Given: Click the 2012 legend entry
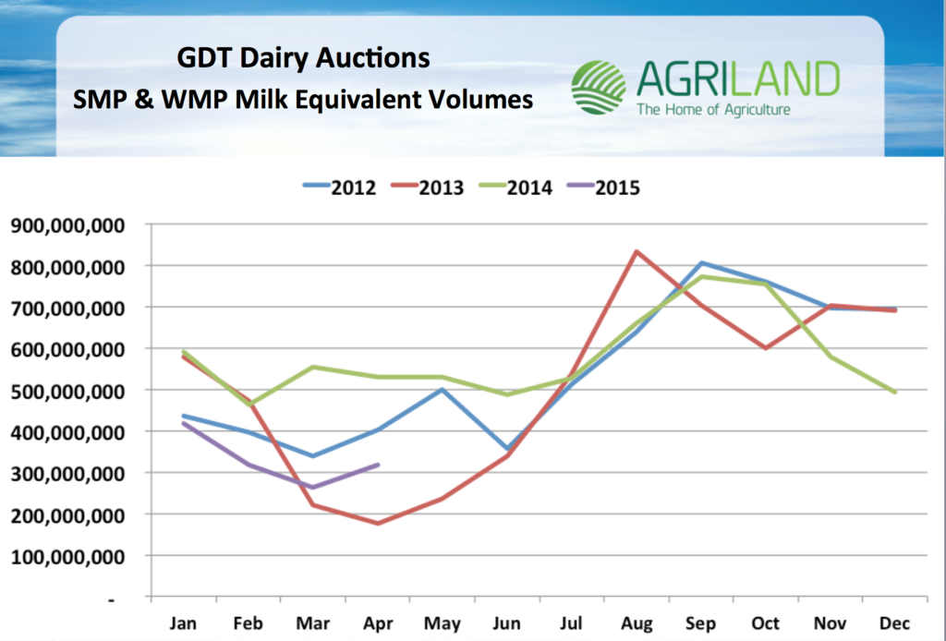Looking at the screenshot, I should (x=339, y=187).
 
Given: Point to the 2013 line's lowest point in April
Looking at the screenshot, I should (x=379, y=523).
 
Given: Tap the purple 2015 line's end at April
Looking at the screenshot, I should (x=379, y=465).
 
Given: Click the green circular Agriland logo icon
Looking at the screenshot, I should (x=598, y=88).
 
